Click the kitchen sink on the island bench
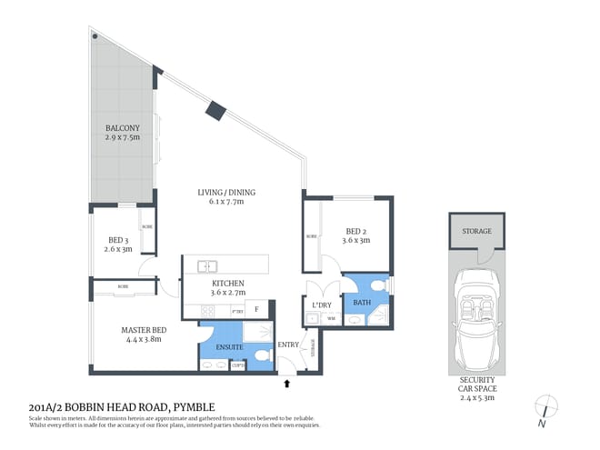pos(208,266)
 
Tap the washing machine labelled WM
pos(331,318)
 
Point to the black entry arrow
pos(289,384)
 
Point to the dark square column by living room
pos(215,111)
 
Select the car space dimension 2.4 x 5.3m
pos(477,396)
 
